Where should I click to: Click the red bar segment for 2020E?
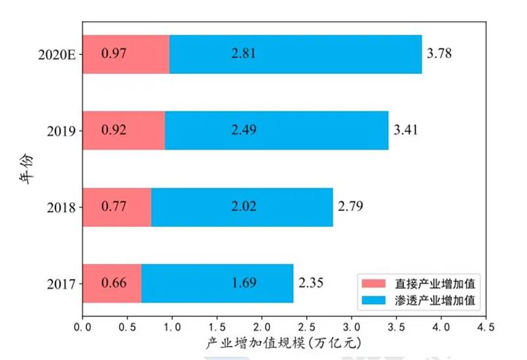[126, 54]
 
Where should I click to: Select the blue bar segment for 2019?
[277, 131]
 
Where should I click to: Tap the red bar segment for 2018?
[117, 207]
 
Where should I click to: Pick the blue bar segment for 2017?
[217, 284]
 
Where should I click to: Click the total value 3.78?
[439, 53]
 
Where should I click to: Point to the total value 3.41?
[406, 130]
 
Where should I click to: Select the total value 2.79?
[350, 206]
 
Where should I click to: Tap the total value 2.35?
[311, 283]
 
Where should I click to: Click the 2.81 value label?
[243, 53]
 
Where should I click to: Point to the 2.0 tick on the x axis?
[262, 326]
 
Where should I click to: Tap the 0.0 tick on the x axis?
[82, 326]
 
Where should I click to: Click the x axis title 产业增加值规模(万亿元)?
[284, 343]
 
